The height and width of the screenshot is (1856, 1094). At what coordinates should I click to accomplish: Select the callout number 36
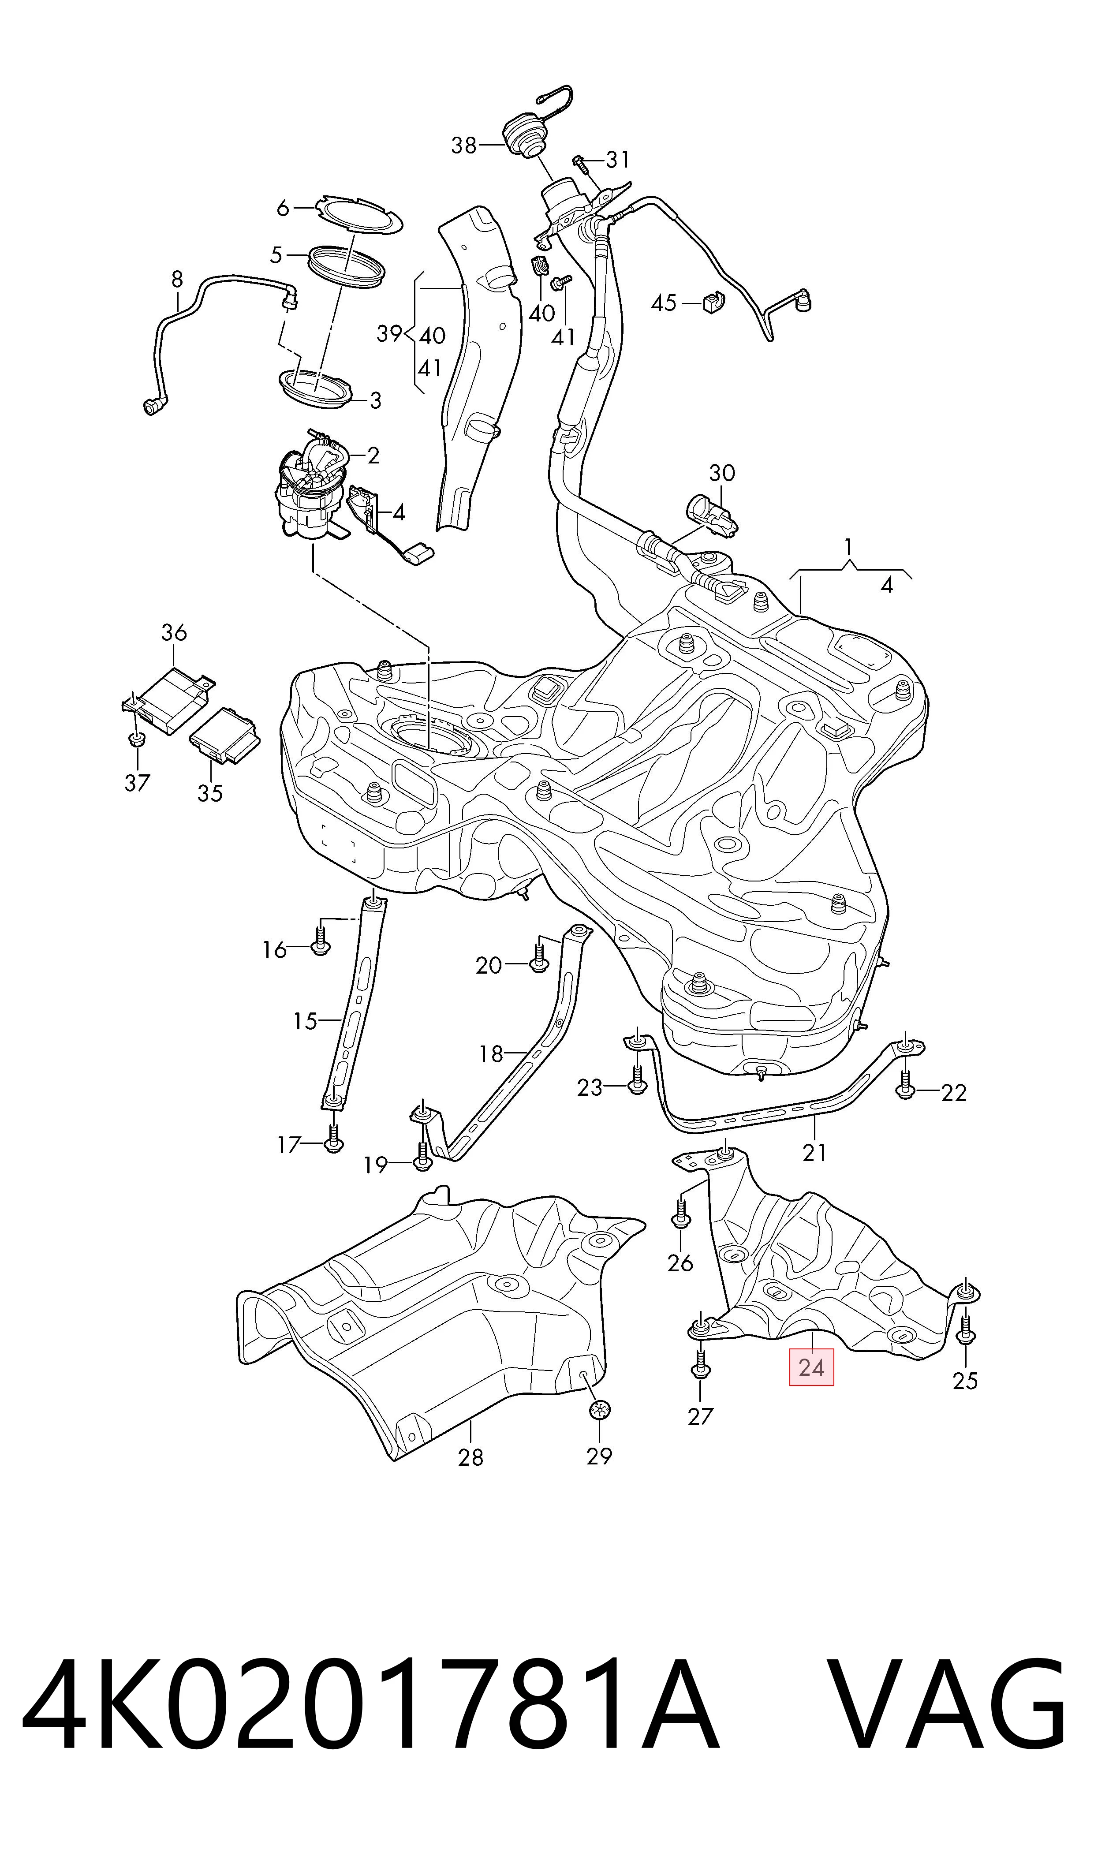tap(174, 632)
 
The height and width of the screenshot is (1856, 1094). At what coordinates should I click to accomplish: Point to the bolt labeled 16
tap(320, 940)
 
